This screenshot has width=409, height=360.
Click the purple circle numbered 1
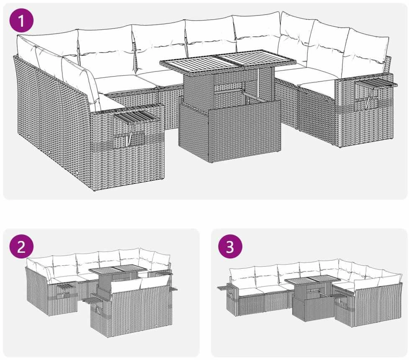point(21,20)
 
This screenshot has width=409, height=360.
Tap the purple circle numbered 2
point(21,246)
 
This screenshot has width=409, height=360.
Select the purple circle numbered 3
point(230,246)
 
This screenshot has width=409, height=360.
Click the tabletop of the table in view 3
point(312,281)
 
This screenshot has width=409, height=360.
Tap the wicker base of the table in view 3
point(313,308)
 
